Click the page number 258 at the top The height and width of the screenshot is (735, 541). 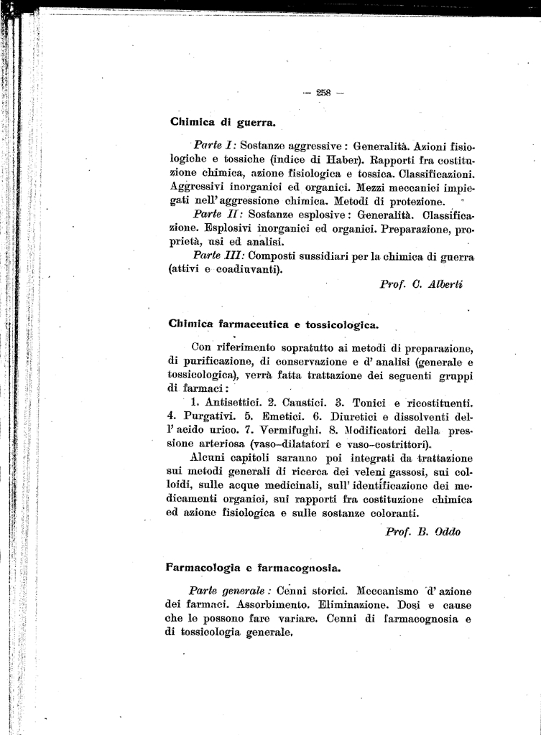(x=323, y=91)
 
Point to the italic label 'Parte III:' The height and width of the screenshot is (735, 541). (x=219, y=256)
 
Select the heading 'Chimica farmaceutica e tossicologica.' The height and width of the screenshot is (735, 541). (x=273, y=324)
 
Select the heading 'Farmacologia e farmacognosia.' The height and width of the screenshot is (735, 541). (x=253, y=567)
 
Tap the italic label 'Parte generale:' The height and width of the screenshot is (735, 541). (x=229, y=591)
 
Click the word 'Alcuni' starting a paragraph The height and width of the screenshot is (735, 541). (x=211, y=458)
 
